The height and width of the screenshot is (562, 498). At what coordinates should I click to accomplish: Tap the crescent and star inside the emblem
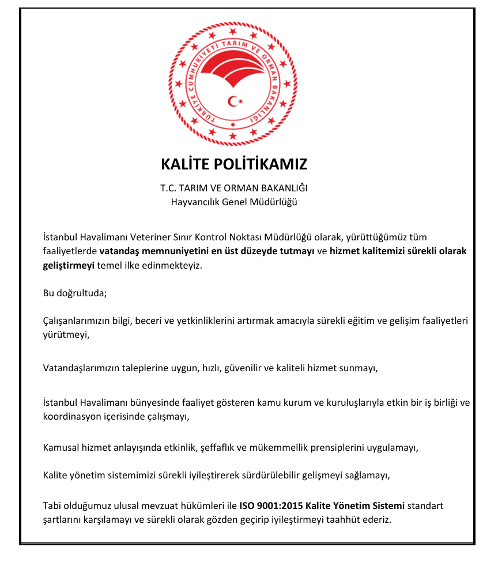click(235, 101)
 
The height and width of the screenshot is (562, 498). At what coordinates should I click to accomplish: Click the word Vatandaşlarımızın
click(81, 367)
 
